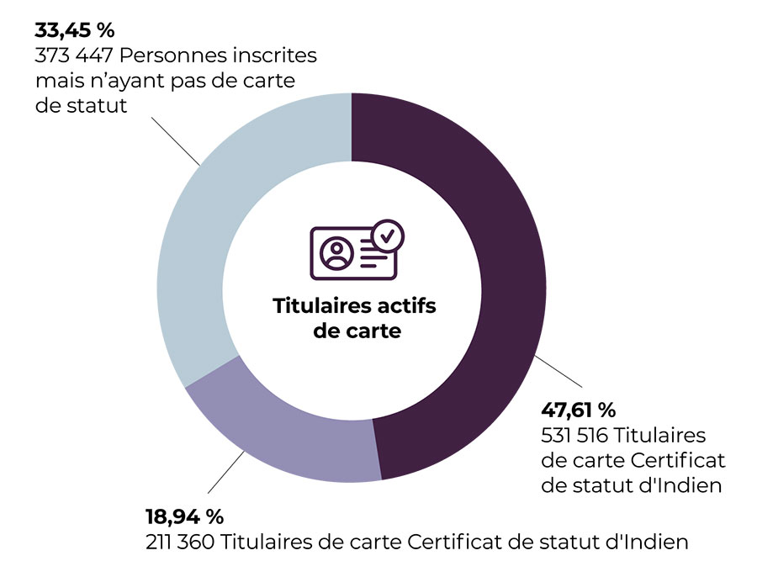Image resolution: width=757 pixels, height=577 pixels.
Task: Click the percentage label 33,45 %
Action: pos(74,31)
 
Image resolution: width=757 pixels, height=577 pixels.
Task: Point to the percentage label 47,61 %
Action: pos(578,410)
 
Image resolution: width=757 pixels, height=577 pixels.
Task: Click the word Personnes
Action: pos(183,57)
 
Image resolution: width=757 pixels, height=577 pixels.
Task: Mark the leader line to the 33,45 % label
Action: pos(175,140)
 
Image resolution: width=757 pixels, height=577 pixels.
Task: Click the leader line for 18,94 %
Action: pos(225,474)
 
